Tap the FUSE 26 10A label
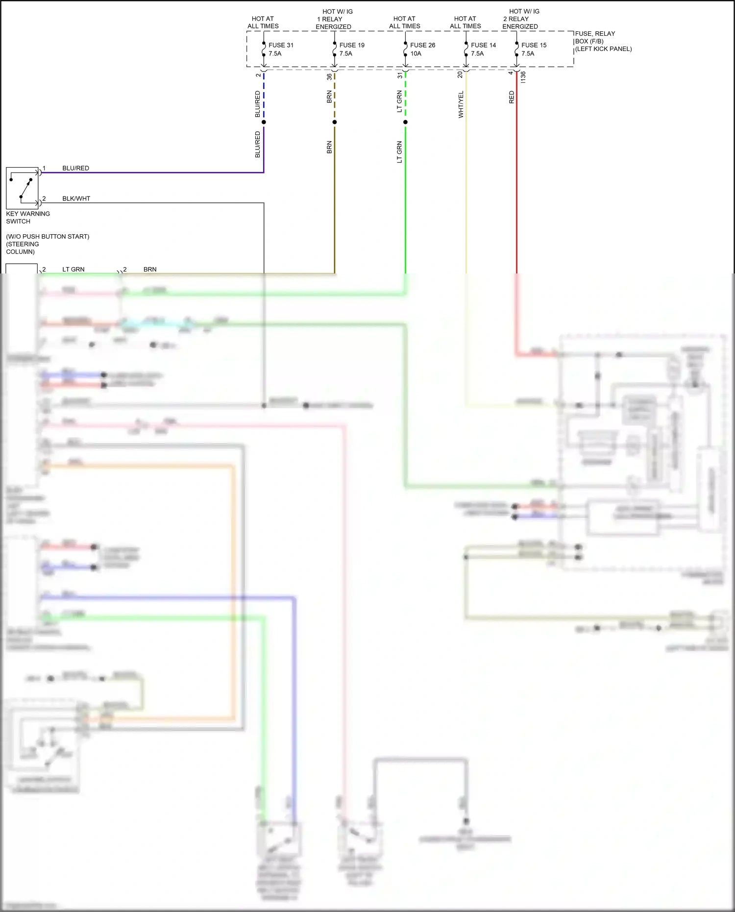click(422, 49)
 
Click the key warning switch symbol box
click(22, 188)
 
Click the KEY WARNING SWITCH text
click(28, 217)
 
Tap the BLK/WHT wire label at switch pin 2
click(76, 198)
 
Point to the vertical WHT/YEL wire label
click(461, 104)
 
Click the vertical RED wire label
click(512, 97)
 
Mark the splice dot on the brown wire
click(335, 122)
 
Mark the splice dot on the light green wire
click(405, 122)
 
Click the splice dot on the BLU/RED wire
click(264, 122)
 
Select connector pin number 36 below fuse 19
click(329, 77)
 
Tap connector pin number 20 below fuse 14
click(460, 74)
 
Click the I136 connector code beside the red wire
click(523, 77)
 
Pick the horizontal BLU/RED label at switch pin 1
click(75, 168)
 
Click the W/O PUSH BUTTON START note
click(48, 236)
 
